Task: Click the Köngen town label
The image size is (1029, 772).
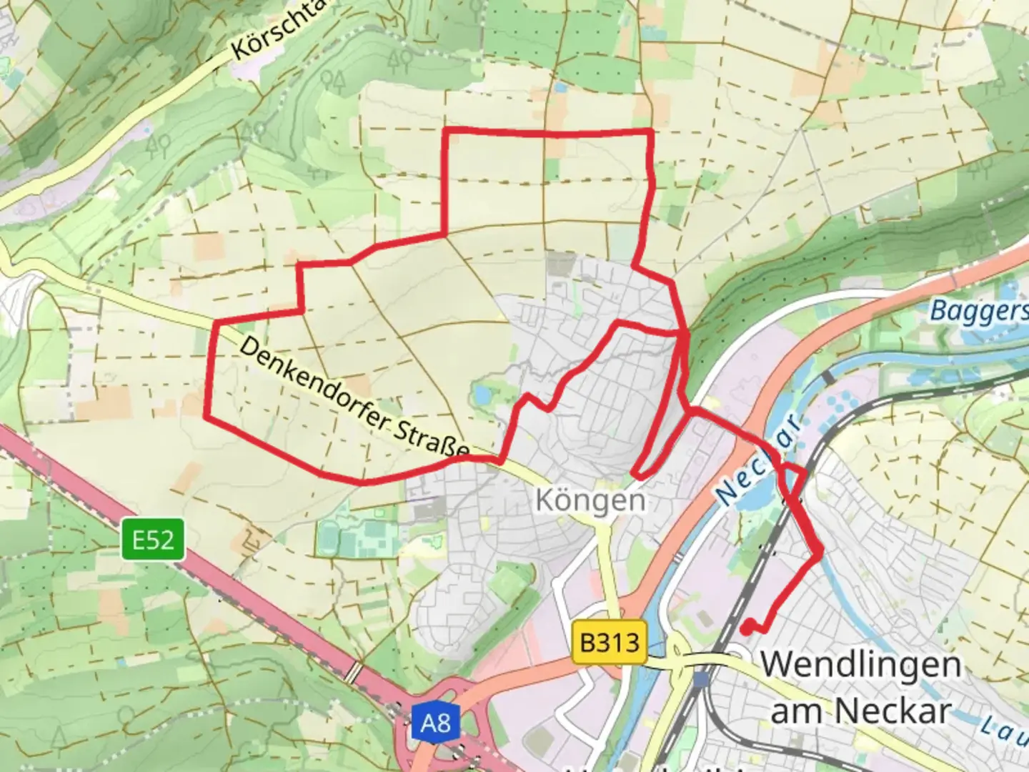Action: (590, 500)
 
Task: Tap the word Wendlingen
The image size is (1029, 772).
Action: (860, 665)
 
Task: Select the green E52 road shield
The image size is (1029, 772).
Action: (152, 540)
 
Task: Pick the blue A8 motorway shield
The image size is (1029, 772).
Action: (435, 723)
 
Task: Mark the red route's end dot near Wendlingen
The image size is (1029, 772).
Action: (745, 629)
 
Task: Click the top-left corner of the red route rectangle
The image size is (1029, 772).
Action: (447, 131)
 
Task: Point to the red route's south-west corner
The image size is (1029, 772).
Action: (207, 415)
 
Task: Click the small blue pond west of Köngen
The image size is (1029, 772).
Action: (481, 394)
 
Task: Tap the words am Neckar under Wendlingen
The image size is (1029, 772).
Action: (860, 711)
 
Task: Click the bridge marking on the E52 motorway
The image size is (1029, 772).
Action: (353, 672)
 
